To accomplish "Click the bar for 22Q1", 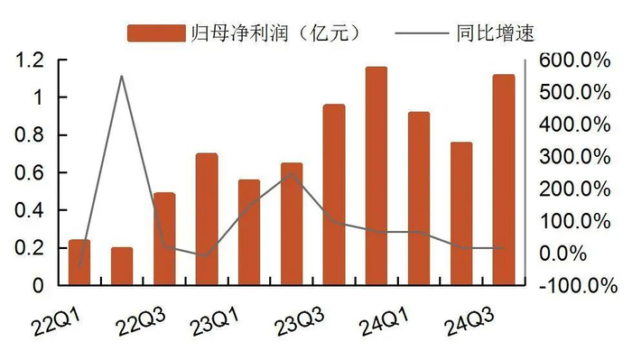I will click(79, 263).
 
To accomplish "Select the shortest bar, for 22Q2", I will click(122, 266).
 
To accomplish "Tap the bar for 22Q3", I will click(164, 239).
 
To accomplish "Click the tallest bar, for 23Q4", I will click(376, 176).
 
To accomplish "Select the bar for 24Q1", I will click(418, 198).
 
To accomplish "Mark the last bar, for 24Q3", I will click(503, 180).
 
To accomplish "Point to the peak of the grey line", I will click(122, 76).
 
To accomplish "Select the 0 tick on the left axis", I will click(40, 285).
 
